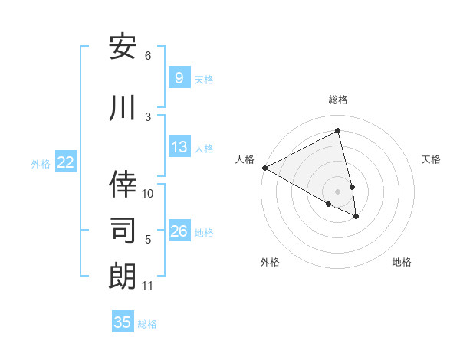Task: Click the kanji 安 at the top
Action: tap(123, 48)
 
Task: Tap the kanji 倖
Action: tap(123, 185)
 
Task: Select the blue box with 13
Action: tap(179, 147)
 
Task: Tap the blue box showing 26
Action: tap(179, 231)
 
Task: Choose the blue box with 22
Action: tap(66, 162)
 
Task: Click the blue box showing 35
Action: tap(123, 322)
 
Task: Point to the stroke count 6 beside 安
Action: tap(148, 56)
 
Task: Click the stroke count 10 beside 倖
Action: tap(148, 193)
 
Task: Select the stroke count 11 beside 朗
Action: tap(148, 286)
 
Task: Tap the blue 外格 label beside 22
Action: tap(41, 163)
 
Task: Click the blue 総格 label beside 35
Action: tap(147, 324)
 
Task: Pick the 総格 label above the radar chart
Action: tap(338, 100)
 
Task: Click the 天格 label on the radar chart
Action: tap(432, 159)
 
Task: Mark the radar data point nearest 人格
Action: tap(264, 167)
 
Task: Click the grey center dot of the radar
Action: tap(338, 191)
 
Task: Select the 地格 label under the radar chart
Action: tap(402, 262)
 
